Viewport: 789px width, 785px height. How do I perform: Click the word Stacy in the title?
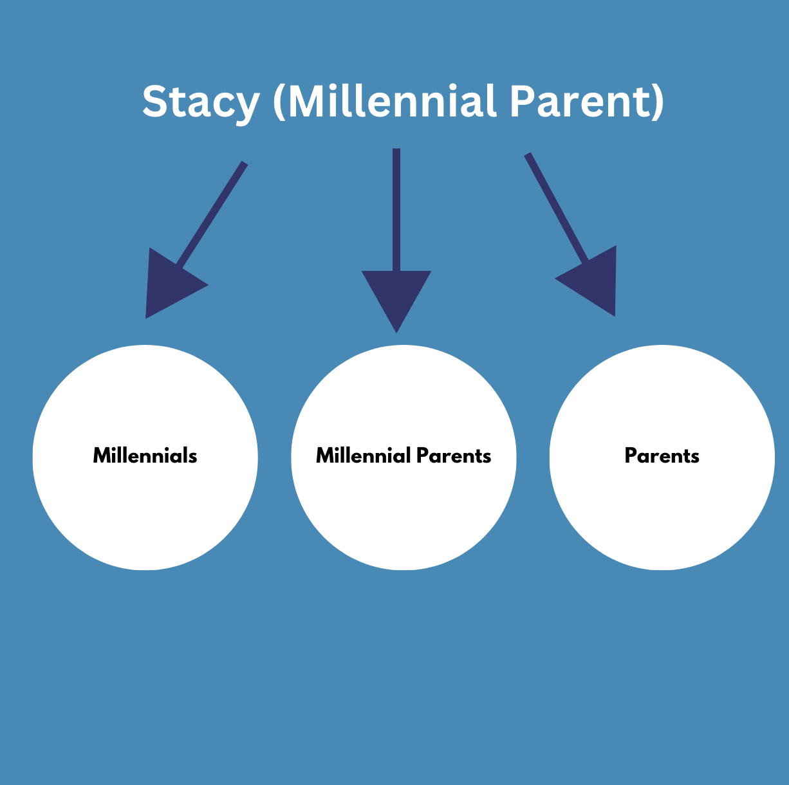pos(201,102)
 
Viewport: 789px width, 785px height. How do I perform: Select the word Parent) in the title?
pos(586,102)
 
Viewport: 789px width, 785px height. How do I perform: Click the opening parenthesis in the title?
pos(279,102)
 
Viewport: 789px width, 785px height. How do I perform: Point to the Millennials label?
pos(145,456)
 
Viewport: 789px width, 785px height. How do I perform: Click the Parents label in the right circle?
pos(662,456)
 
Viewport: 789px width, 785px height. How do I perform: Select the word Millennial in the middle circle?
pos(363,456)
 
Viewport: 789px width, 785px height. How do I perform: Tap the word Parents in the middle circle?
pos(454,456)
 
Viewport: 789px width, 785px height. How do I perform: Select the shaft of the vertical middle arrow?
pos(396,210)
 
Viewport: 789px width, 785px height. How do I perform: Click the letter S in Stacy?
pos(156,101)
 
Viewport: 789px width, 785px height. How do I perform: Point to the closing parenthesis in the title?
pos(658,102)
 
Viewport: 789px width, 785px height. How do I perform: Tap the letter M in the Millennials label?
pos(102,456)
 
